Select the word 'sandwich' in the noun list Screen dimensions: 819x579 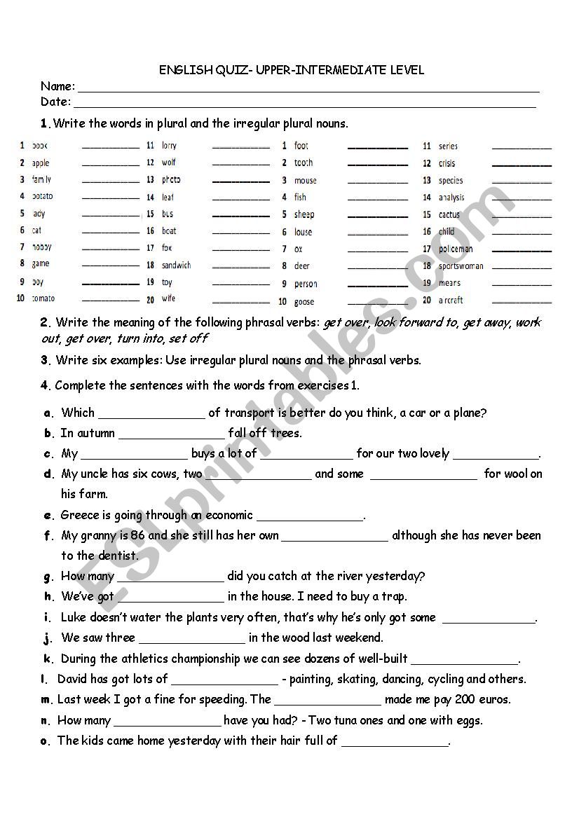176,266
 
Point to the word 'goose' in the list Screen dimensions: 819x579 304,302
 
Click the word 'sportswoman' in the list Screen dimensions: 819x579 461,266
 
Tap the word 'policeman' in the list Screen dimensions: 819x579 456,249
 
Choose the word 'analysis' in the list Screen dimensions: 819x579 451,198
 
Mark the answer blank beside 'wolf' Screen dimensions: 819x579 240,165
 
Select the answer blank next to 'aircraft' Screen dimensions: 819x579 522,302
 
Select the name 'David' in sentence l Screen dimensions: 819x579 74,679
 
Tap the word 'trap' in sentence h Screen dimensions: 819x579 395,597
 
